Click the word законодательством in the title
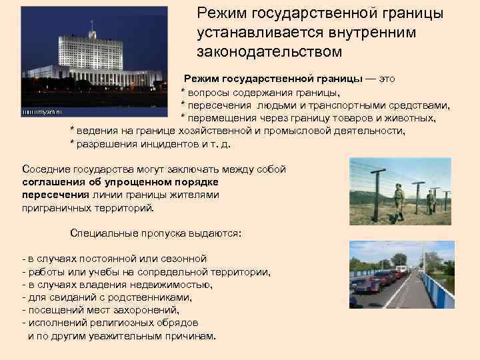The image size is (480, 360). pyautogui.click(x=269, y=51)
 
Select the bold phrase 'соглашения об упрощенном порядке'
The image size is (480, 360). pyautogui.click(x=121, y=182)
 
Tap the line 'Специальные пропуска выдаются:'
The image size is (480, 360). pyautogui.click(x=155, y=234)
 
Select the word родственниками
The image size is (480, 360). pyautogui.click(x=137, y=297)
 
